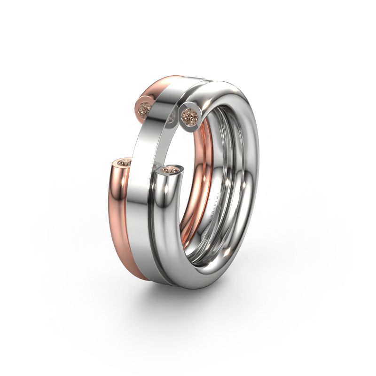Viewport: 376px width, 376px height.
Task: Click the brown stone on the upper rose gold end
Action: (144, 109)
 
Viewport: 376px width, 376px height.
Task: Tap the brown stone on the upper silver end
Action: (189, 113)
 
